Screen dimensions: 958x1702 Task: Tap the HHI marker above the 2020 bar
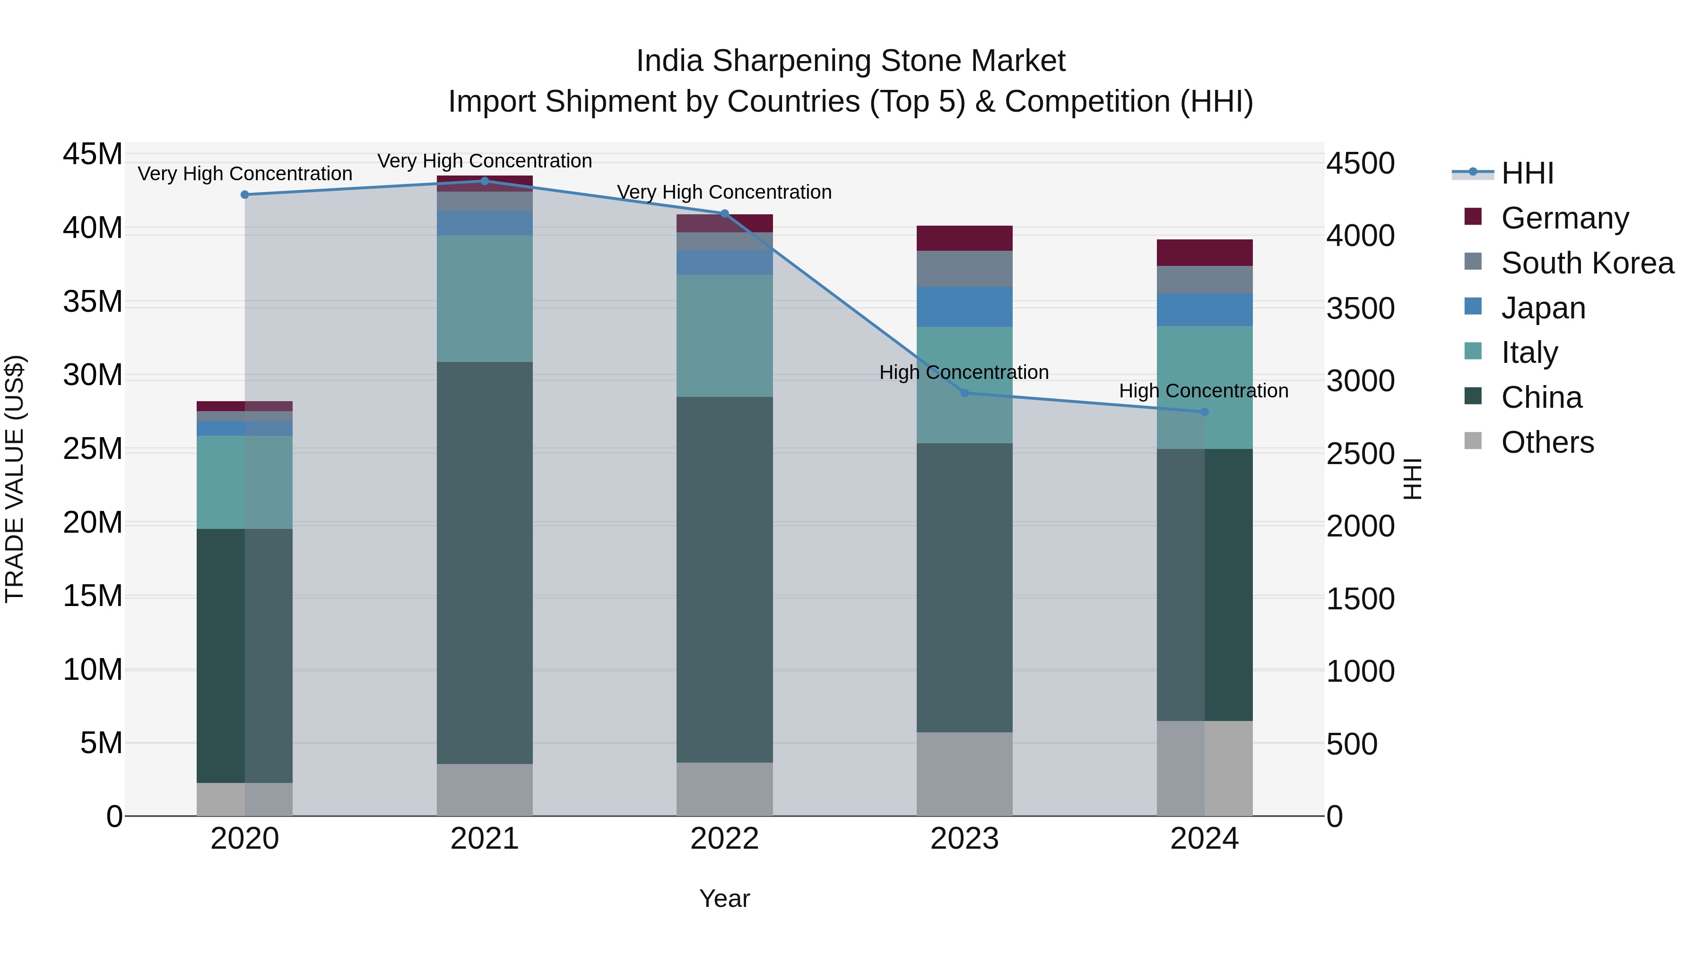coord(244,194)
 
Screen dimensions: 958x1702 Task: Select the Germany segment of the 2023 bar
coord(964,238)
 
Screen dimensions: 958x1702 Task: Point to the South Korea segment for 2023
coord(964,268)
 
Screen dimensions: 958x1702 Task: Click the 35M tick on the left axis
coord(93,302)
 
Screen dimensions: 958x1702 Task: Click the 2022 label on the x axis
coord(724,839)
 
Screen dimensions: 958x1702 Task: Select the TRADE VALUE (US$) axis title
coord(15,479)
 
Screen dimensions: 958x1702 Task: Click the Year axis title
coord(724,898)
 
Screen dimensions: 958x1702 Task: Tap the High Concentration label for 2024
coord(1203,391)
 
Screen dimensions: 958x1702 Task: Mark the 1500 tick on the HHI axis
coord(1360,599)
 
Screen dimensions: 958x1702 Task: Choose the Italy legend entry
coord(1529,352)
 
